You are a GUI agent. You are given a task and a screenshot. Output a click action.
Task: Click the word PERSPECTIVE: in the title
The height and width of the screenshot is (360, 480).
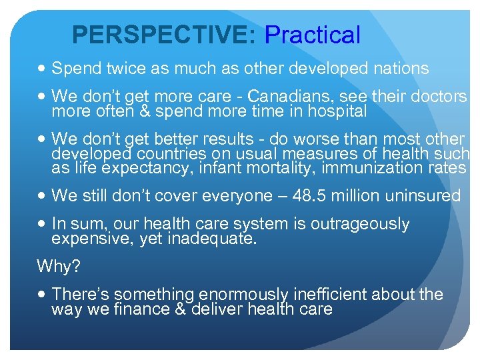[163, 35]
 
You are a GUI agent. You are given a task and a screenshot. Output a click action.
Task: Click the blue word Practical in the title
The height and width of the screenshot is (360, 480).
[313, 35]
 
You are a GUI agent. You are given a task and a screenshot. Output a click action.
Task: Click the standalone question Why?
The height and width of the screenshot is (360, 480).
[59, 267]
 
